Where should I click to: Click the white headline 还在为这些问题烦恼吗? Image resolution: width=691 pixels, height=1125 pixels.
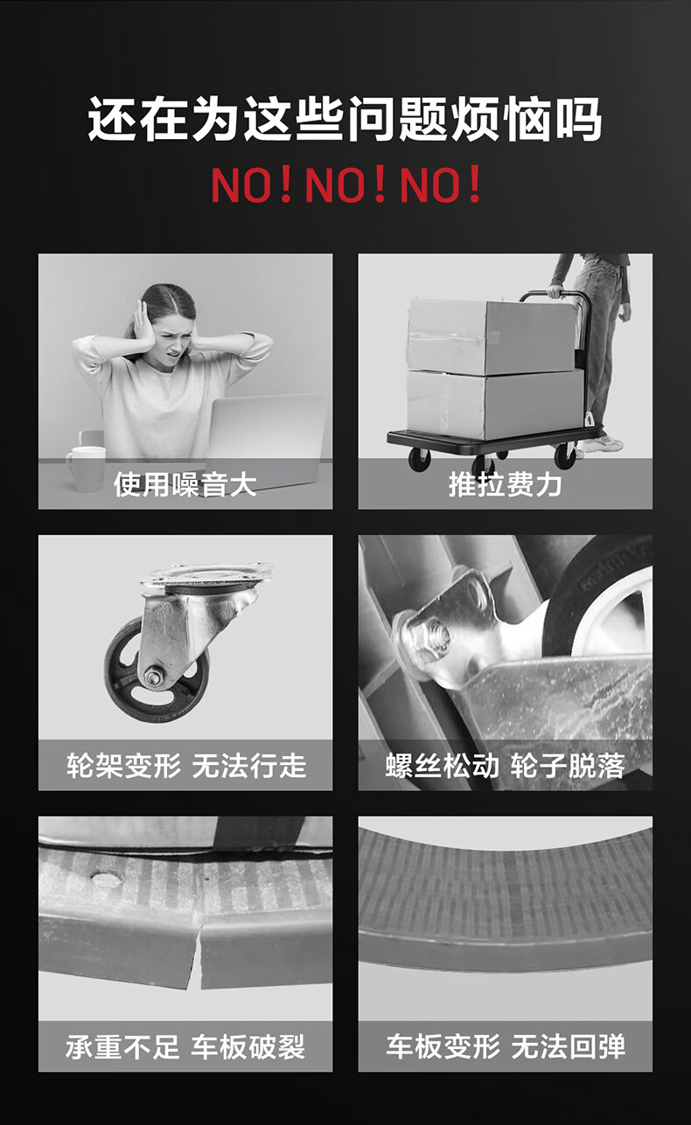click(345, 119)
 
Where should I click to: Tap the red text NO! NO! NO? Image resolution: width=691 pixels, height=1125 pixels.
click(346, 184)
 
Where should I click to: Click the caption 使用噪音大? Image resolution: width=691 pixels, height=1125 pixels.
click(185, 484)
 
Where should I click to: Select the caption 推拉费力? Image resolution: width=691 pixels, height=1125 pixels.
click(505, 484)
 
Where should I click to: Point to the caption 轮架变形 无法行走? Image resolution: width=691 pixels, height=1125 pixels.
click(186, 766)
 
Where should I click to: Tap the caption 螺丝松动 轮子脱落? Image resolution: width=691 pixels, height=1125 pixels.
click(505, 766)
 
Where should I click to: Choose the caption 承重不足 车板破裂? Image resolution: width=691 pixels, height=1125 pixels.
click(185, 1046)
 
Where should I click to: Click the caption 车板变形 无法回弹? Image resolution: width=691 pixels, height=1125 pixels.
click(506, 1046)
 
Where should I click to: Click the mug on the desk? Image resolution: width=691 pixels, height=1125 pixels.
click(86, 469)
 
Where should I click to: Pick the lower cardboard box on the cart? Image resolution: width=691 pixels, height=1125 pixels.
click(495, 404)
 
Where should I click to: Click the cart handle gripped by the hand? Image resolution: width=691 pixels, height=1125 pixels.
click(555, 295)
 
